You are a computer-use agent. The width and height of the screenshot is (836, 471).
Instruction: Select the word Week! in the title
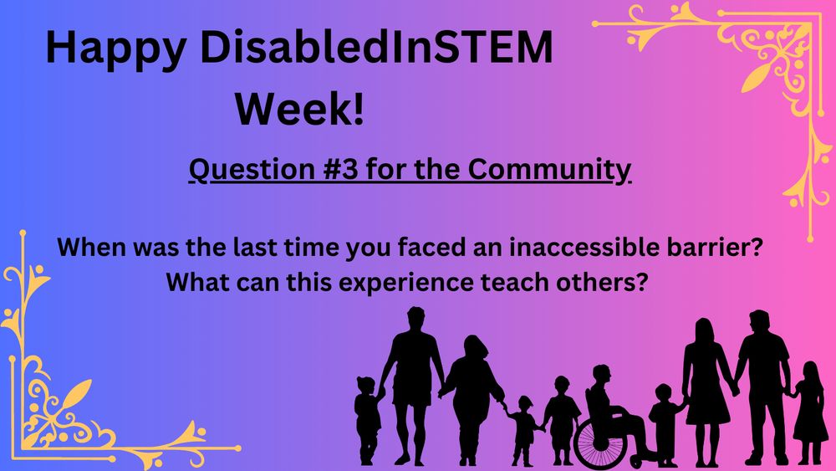[x=299, y=110]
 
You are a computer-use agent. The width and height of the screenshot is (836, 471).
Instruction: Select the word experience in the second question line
[x=361, y=281]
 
